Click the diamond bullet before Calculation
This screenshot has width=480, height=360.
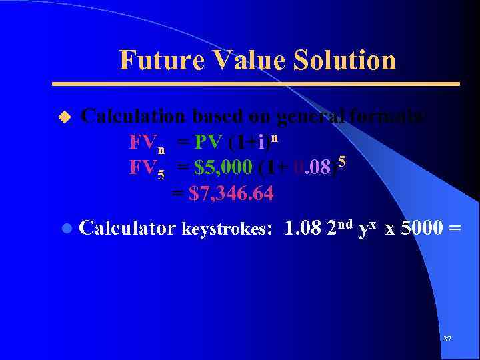(x=64, y=117)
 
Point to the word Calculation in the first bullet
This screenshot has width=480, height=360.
(x=133, y=116)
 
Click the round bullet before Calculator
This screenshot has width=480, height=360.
(x=65, y=229)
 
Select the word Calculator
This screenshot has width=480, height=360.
(x=127, y=228)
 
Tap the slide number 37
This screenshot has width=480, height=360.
(x=447, y=339)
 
